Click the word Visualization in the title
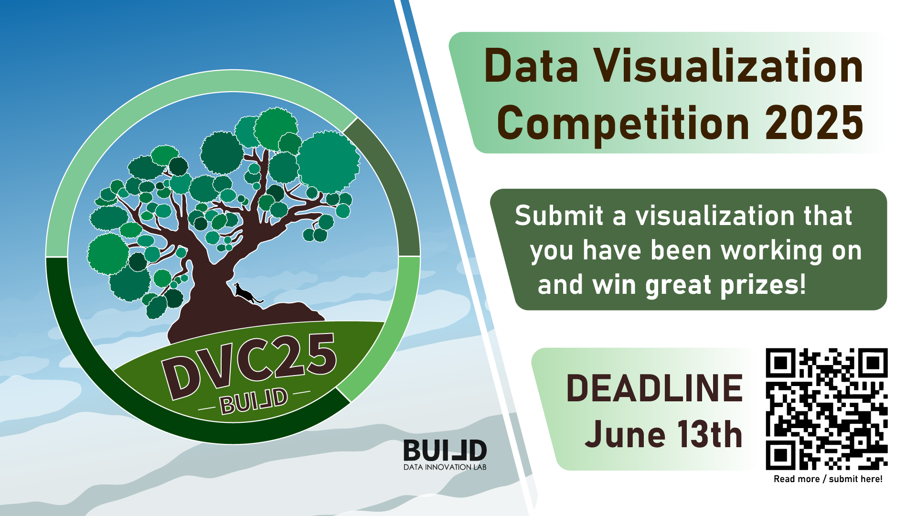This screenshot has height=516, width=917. coord(728,66)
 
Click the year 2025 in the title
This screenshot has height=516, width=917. coord(814,123)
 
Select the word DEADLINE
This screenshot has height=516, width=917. coord(654,388)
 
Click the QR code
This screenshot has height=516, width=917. coord(827,409)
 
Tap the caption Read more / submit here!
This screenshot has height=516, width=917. coord(828,479)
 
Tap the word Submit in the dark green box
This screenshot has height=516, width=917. coord(559,215)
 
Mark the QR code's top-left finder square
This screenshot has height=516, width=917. coord(781,363)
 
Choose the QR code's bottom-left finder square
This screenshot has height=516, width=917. coord(781,455)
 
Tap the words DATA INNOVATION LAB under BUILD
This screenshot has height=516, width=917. coord(445,467)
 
